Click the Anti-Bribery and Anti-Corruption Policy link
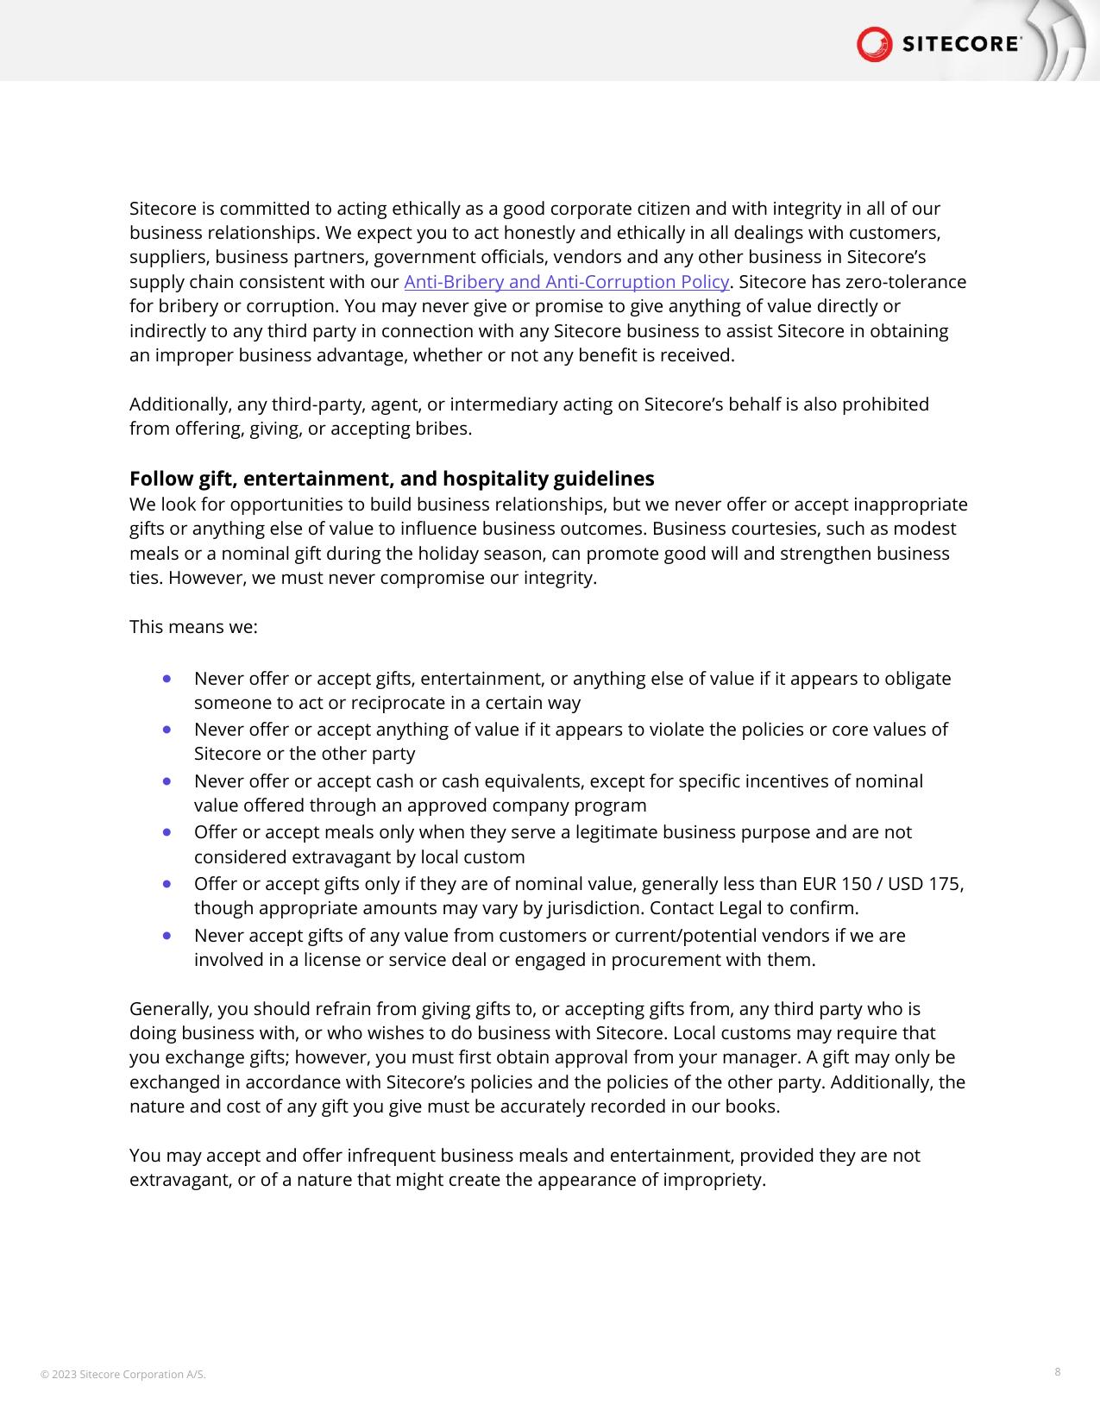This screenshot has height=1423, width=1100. coord(567,282)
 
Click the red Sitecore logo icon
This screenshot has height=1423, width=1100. coord(874,44)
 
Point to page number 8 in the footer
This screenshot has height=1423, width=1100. coord(1058,1371)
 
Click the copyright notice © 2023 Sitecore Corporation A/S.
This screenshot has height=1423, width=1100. coord(123,1374)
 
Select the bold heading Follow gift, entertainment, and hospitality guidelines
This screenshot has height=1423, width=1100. coord(392,479)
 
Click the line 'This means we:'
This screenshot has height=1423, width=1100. coord(193,627)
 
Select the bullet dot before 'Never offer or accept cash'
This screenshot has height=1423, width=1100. coord(167,781)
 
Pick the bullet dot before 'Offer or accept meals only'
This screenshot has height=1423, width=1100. coord(167,832)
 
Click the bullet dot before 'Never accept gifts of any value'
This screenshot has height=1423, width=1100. coord(167,936)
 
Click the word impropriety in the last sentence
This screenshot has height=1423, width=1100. coord(713,1180)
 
